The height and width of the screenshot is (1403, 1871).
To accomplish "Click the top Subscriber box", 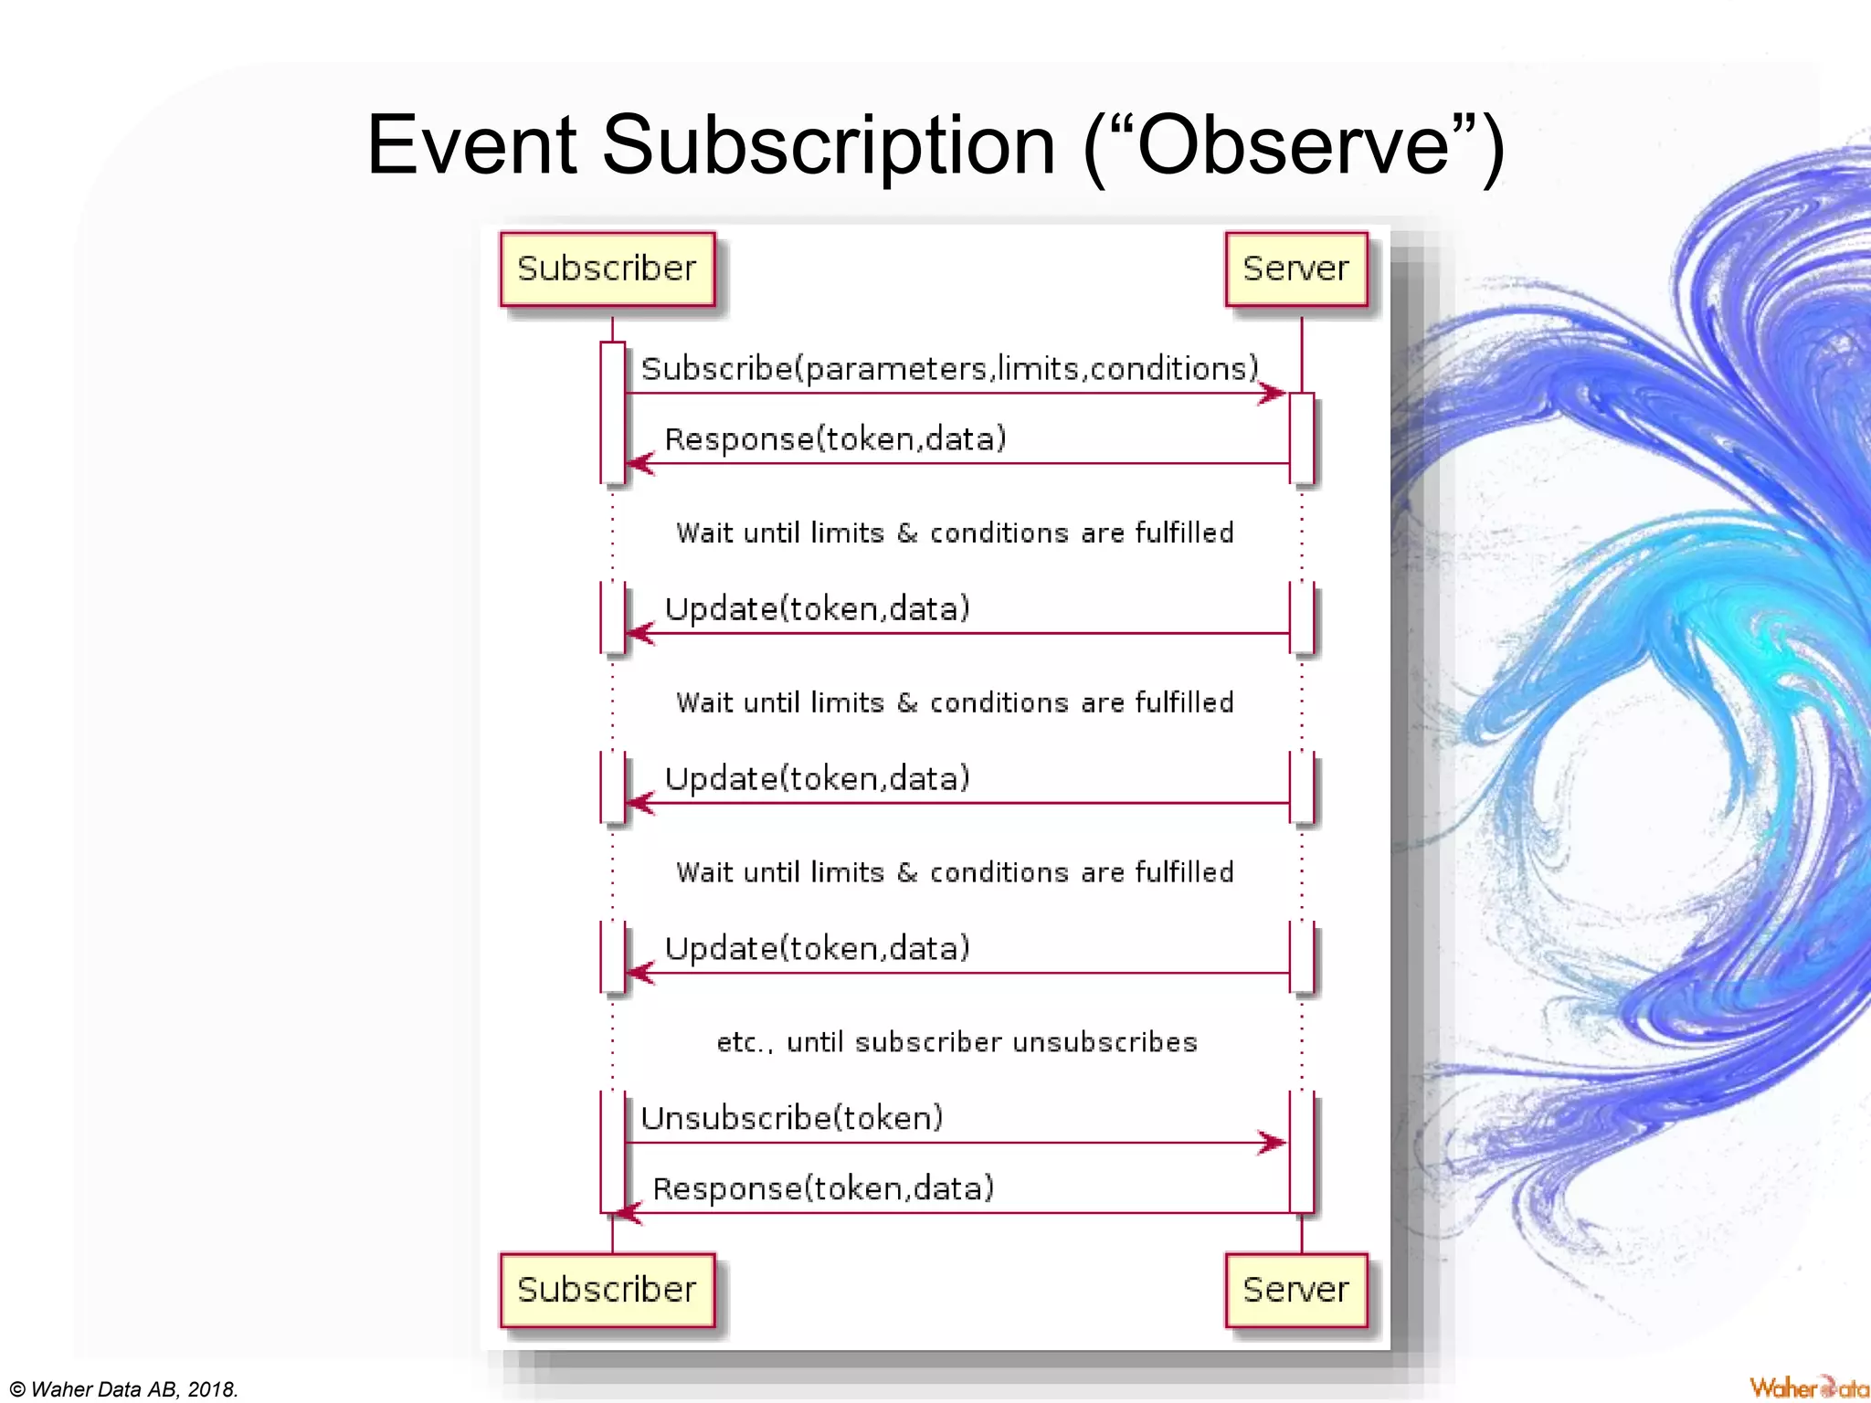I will [607, 269].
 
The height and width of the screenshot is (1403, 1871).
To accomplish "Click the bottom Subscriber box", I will [607, 1290].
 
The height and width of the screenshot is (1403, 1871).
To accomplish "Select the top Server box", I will [1295, 269].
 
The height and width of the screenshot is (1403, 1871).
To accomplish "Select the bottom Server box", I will [1295, 1290].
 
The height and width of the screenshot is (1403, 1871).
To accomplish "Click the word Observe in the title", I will [1293, 146].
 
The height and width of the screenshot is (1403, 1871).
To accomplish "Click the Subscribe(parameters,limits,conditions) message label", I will [949, 368].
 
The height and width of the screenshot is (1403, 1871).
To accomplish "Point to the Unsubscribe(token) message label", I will [791, 1117].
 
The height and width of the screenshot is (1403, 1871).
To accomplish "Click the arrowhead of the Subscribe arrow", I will [1274, 394].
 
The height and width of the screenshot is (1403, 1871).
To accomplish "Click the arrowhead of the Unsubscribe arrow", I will [1274, 1143].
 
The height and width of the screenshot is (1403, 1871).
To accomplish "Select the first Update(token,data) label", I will [817, 608].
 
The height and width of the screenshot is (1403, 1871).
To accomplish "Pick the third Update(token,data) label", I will [817, 948].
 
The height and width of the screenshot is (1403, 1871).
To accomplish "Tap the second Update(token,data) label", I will [817, 778].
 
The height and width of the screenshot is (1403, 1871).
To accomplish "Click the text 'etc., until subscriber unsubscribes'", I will [956, 1042].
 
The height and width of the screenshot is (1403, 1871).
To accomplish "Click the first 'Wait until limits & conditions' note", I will [955, 533].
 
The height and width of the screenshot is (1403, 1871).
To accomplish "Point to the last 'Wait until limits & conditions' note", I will [955, 872].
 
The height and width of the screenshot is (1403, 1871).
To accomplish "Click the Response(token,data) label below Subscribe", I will [835, 439].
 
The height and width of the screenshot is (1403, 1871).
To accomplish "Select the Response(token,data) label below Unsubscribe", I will [823, 1188].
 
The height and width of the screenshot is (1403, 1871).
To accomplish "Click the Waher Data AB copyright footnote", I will [124, 1389].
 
